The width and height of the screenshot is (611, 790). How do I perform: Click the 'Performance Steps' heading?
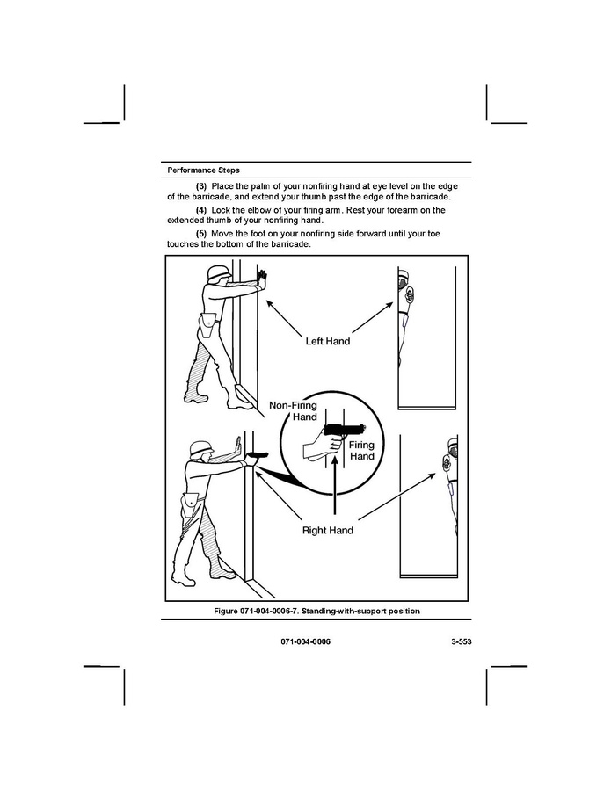click(x=203, y=170)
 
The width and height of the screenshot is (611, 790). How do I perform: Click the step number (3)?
click(x=201, y=186)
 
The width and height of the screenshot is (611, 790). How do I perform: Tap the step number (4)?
click(x=201, y=210)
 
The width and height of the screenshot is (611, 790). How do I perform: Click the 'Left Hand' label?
click(x=327, y=341)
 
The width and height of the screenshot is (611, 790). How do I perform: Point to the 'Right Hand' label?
click(x=327, y=531)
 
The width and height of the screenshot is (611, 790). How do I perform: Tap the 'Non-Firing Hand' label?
click(x=294, y=411)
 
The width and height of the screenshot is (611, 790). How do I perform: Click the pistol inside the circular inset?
click(x=345, y=431)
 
